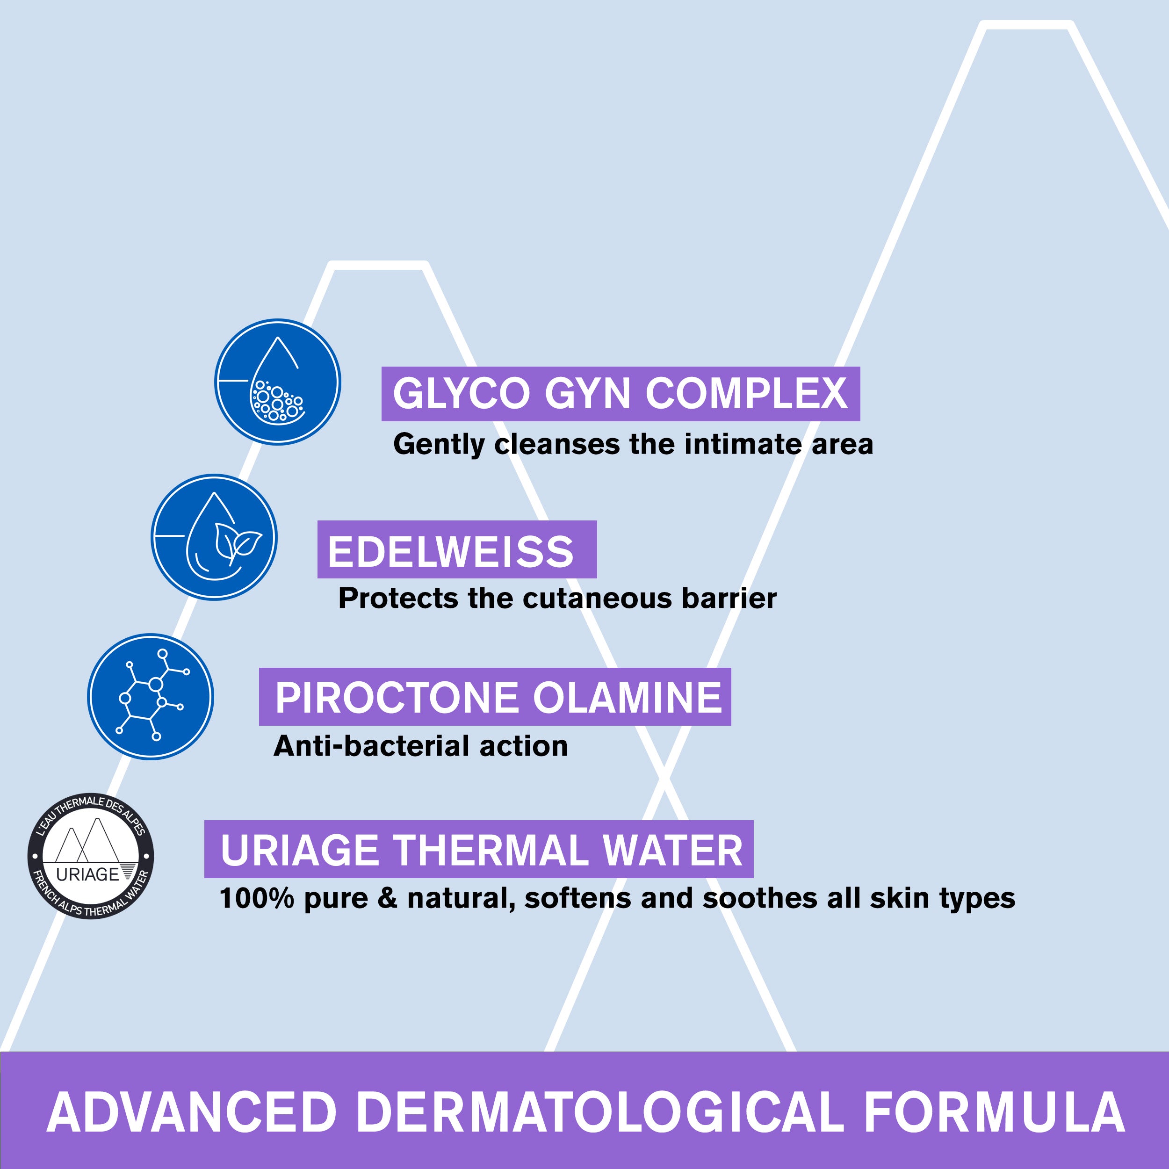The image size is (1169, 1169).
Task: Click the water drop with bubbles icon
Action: coord(278,382)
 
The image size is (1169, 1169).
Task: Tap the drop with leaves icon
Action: coord(214,537)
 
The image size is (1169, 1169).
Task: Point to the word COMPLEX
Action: coord(746,394)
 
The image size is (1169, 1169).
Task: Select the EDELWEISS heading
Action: coord(451,551)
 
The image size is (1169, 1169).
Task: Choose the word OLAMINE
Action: coord(628,698)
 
